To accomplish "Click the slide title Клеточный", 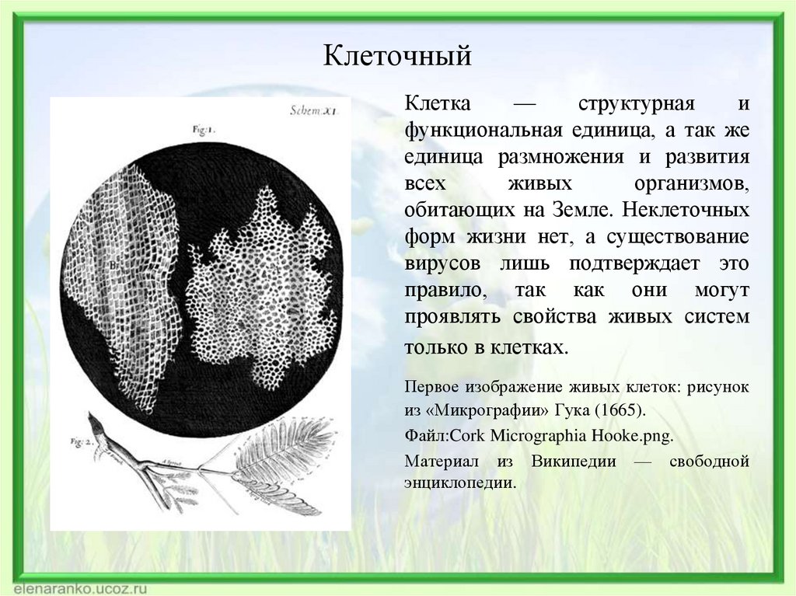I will (398, 56).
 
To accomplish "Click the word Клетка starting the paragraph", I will (437, 104).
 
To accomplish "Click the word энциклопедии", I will (459, 482).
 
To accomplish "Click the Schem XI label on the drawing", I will (311, 110).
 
